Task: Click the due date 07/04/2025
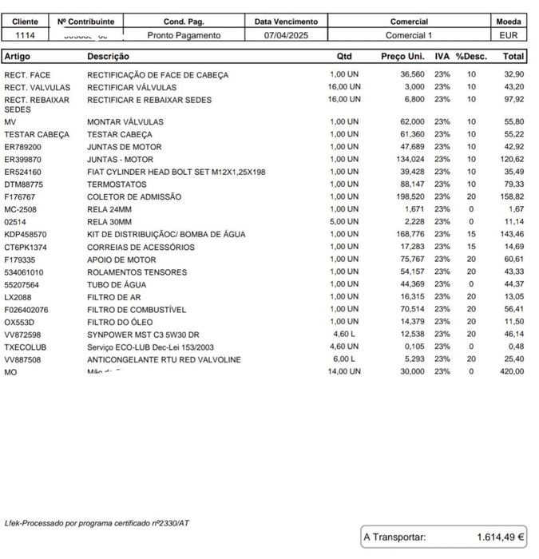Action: point(285,35)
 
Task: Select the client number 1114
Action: point(25,35)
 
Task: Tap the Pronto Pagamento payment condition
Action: point(184,35)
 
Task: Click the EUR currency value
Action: point(509,35)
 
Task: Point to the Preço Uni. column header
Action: point(402,57)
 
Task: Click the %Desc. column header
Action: point(471,57)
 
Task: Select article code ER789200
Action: point(23,147)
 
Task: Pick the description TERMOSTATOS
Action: point(117,184)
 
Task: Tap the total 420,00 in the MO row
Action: point(511,371)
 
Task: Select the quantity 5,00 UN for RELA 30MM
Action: point(345,221)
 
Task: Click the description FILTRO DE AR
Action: point(115,296)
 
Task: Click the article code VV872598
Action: point(23,335)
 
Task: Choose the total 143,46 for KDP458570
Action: point(511,234)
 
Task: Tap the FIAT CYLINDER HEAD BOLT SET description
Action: point(176,172)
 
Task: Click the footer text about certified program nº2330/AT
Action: point(97,523)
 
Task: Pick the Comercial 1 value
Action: point(409,35)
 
